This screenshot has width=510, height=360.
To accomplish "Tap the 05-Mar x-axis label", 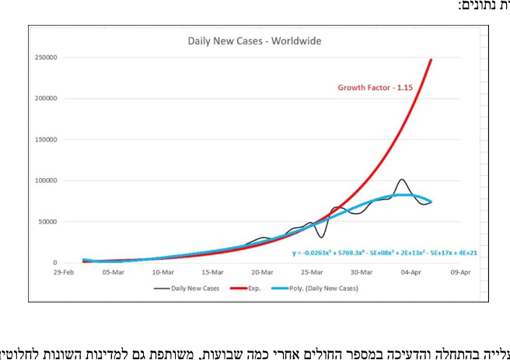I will click(x=113, y=272).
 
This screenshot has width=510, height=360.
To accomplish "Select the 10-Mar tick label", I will click(x=162, y=272).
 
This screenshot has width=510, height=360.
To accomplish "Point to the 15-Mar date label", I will click(x=212, y=272).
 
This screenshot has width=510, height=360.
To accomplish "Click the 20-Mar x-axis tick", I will click(x=262, y=272).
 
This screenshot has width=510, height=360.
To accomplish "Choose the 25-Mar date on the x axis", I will click(x=312, y=272).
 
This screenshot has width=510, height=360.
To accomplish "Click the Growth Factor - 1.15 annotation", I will click(x=374, y=88).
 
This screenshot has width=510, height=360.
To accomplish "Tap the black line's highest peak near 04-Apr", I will click(x=401, y=180).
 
